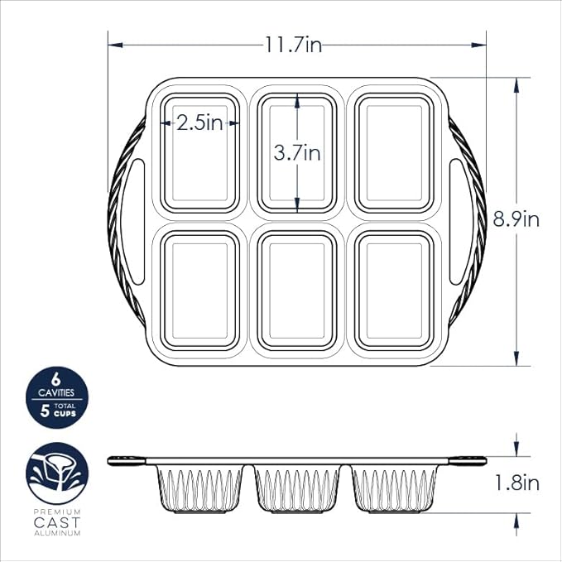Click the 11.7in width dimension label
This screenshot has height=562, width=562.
[293, 45]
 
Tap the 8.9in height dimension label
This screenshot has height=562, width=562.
[516, 220]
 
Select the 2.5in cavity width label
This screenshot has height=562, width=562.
[200, 123]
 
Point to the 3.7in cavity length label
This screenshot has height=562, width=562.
[297, 153]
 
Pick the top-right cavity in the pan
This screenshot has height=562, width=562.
[394, 152]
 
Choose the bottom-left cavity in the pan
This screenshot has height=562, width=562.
[200, 290]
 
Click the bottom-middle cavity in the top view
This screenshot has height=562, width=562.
[297, 290]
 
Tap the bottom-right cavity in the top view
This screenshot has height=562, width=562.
[394, 290]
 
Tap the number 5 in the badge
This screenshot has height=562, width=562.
[46, 409]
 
